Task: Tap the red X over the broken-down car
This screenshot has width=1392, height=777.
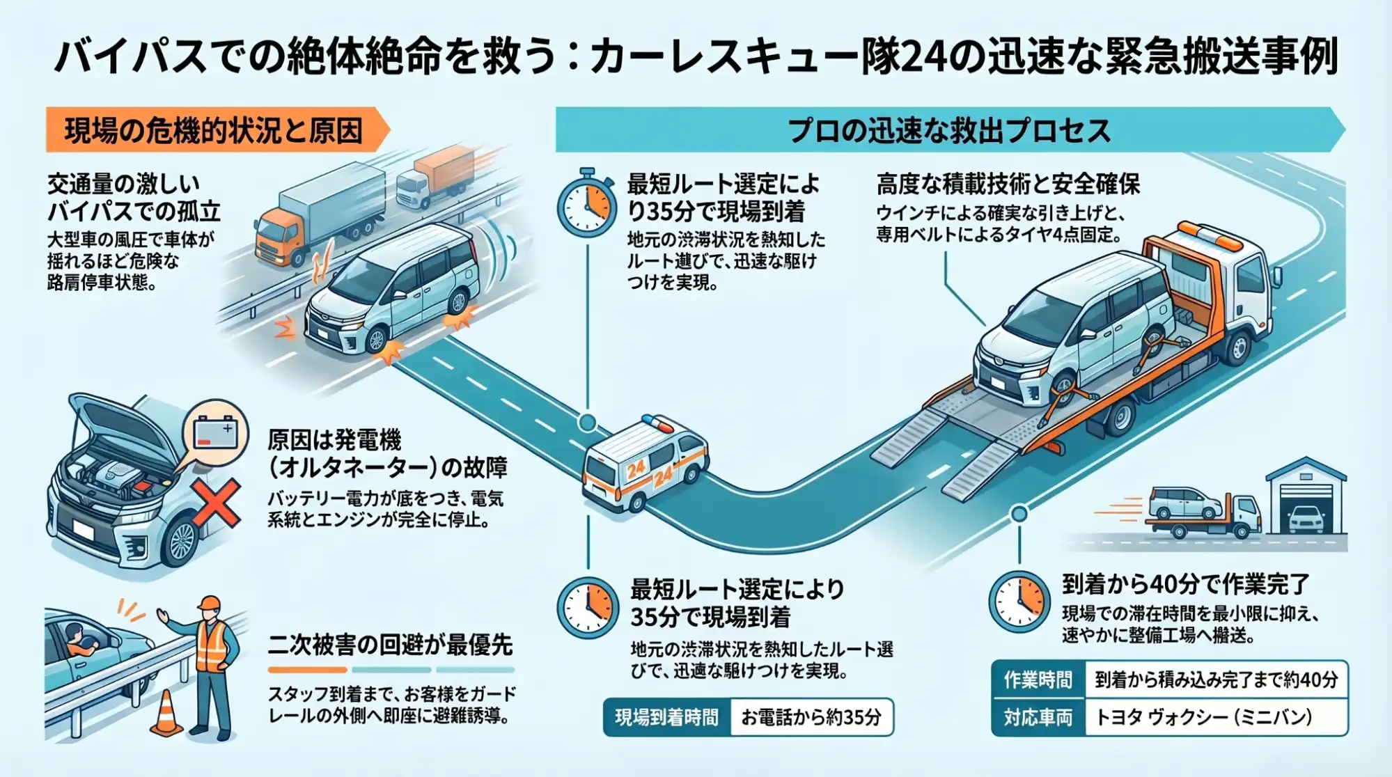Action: click(215, 503)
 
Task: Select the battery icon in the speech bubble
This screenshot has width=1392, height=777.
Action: click(215, 433)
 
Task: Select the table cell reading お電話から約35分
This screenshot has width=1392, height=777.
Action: click(811, 717)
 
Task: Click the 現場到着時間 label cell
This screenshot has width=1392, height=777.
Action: click(666, 717)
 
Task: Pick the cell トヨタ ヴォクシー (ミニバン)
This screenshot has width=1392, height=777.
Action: click(1203, 717)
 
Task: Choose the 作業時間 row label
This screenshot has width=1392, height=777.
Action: click(1038, 680)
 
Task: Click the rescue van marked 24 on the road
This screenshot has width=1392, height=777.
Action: click(644, 463)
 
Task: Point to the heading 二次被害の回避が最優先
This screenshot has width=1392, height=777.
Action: click(390, 645)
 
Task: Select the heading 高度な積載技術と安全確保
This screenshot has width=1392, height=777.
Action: click(1008, 184)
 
